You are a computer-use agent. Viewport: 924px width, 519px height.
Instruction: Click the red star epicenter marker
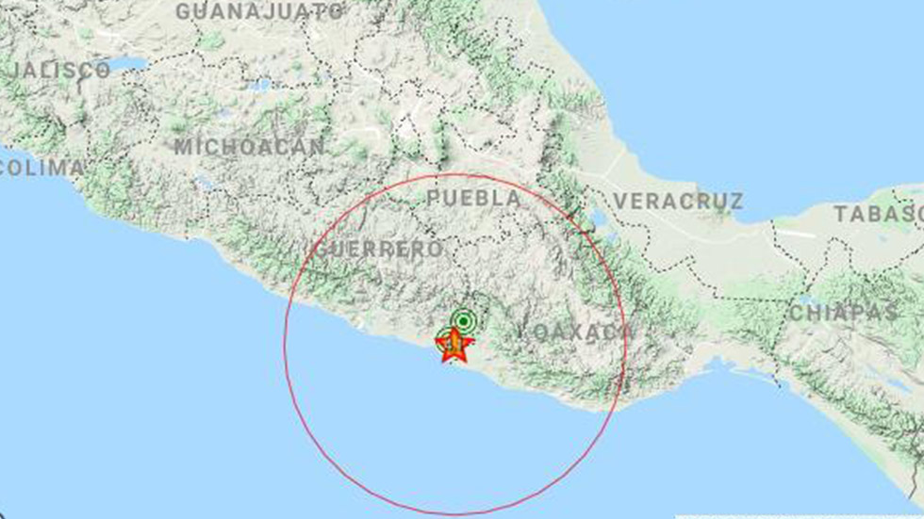click(454, 345)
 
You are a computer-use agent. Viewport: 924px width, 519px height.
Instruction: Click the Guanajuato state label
click(260, 11)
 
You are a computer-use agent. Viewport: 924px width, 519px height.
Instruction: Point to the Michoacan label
click(250, 147)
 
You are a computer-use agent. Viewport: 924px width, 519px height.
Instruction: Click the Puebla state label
click(473, 199)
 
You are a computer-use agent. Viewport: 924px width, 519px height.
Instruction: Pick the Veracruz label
click(678, 201)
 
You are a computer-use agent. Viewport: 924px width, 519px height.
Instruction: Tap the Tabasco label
click(877, 214)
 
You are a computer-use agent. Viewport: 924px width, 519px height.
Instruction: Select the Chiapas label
click(844, 313)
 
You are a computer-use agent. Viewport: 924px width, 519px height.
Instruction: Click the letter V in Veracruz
click(620, 201)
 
